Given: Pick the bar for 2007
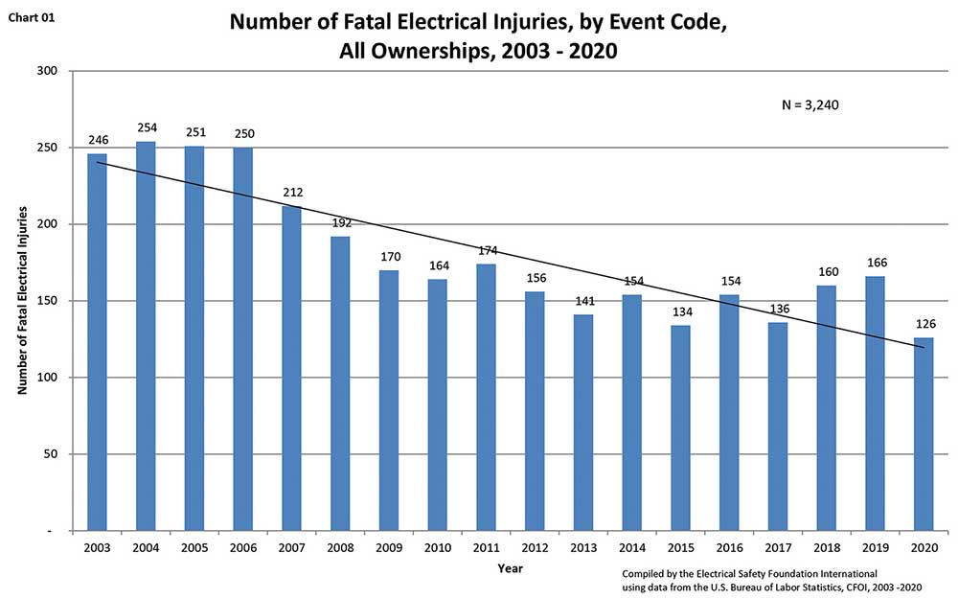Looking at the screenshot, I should coord(291,368).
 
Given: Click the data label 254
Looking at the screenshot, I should coord(146,127).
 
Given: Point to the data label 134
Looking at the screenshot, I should coord(679,311).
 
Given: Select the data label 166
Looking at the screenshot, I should coord(874,263).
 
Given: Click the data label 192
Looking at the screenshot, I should coord(340,222).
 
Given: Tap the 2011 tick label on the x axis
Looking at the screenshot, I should coord(486,547).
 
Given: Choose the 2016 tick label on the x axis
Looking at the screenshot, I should coord(728,547).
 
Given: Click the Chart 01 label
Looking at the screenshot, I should coord(32,16).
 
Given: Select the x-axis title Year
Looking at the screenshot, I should coord(510,568).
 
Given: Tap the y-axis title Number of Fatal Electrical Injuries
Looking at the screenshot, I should coord(21,301).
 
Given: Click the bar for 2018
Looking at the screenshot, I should coord(825,407).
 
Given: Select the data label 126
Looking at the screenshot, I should coord(923,324).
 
